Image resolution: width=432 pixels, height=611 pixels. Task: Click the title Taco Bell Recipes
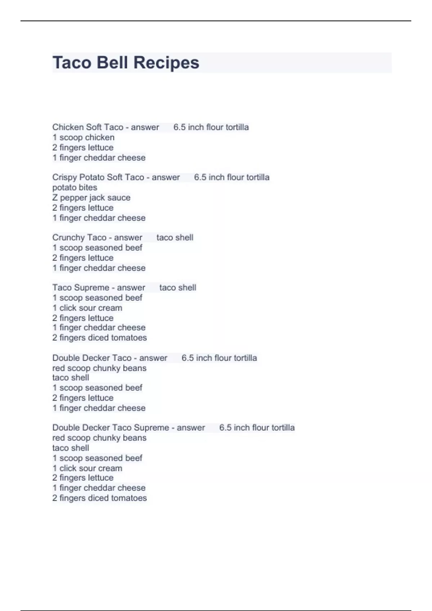[126, 63]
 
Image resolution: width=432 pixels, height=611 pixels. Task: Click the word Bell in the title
[112, 63]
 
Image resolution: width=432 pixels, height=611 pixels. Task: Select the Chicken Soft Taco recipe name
[87, 127]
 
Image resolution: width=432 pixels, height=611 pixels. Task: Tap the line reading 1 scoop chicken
[83, 137]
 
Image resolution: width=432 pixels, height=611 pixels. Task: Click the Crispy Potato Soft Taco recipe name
[98, 177]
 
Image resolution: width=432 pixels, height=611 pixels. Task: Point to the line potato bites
[75, 187]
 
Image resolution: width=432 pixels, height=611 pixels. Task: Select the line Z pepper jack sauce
[91, 197]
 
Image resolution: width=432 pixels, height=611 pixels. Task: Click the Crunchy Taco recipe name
[79, 238]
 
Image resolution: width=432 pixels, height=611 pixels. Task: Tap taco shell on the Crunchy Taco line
[175, 238]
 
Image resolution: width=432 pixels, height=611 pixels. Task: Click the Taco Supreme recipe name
[81, 288]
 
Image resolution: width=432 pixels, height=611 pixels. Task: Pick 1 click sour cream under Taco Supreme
[87, 308]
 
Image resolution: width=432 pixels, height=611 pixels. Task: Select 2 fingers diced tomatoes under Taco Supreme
[99, 337]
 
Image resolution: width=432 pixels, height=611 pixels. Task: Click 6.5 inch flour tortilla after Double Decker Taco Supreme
[257, 428]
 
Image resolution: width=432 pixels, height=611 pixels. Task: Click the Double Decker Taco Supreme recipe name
[111, 428]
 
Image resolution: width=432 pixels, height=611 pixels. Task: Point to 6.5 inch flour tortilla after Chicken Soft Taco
[211, 127]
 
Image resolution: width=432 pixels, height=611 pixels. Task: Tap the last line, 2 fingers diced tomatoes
[99, 498]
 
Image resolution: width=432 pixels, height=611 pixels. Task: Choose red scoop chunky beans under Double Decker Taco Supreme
[99, 438]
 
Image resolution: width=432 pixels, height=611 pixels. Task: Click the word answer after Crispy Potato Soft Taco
[166, 177]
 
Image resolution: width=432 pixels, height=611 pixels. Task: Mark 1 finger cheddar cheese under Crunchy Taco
[99, 268]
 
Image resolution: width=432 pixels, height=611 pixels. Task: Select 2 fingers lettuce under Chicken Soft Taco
[83, 147]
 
